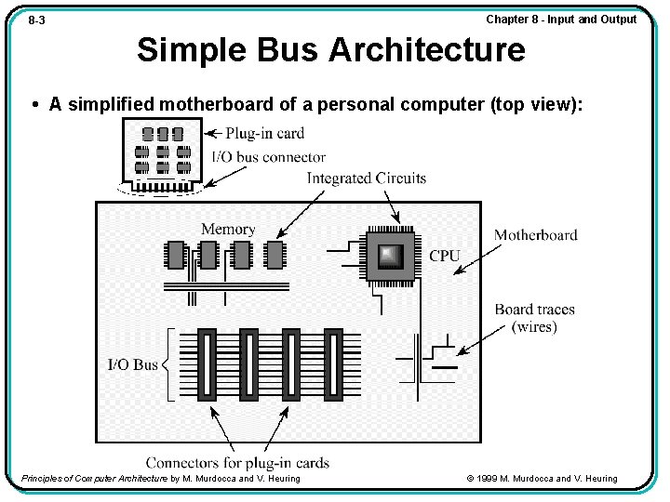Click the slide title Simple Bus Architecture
[x=330, y=49]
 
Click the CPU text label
[x=445, y=256]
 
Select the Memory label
[x=228, y=229]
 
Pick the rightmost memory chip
[x=275, y=254]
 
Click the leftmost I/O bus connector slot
[x=206, y=363]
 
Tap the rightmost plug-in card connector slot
[x=331, y=363]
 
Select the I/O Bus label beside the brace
[x=132, y=364]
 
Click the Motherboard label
[x=535, y=235]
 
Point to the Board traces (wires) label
[x=535, y=318]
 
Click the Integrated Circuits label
[x=367, y=178]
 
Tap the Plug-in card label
[x=264, y=133]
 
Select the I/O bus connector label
[x=269, y=157]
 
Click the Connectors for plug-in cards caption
[x=237, y=462]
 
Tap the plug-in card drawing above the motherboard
[x=163, y=153]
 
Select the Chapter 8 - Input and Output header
[x=561, y=20]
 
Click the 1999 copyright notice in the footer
[x=542, y=479]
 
